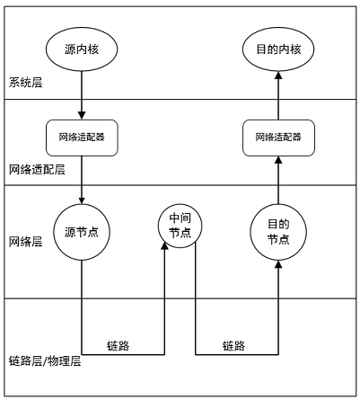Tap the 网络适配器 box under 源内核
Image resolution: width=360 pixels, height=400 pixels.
pos(82,138)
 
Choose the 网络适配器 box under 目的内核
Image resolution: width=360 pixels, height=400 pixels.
pos(277,138)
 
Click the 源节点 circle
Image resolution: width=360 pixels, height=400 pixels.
pos(82,232)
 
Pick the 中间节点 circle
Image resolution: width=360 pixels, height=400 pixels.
pos(180,225)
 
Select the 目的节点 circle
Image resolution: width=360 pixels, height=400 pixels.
pos(277,232)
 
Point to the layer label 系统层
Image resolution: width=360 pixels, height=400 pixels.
pos(26,84)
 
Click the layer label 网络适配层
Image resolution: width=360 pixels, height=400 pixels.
pos(37,169)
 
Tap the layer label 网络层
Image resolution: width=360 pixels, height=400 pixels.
pos(26,242)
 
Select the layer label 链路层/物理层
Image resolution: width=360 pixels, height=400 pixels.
pos(45,360)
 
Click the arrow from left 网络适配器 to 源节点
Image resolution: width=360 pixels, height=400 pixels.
pos(82,179)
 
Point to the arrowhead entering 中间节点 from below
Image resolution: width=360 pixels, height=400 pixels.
pos(165,245)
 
